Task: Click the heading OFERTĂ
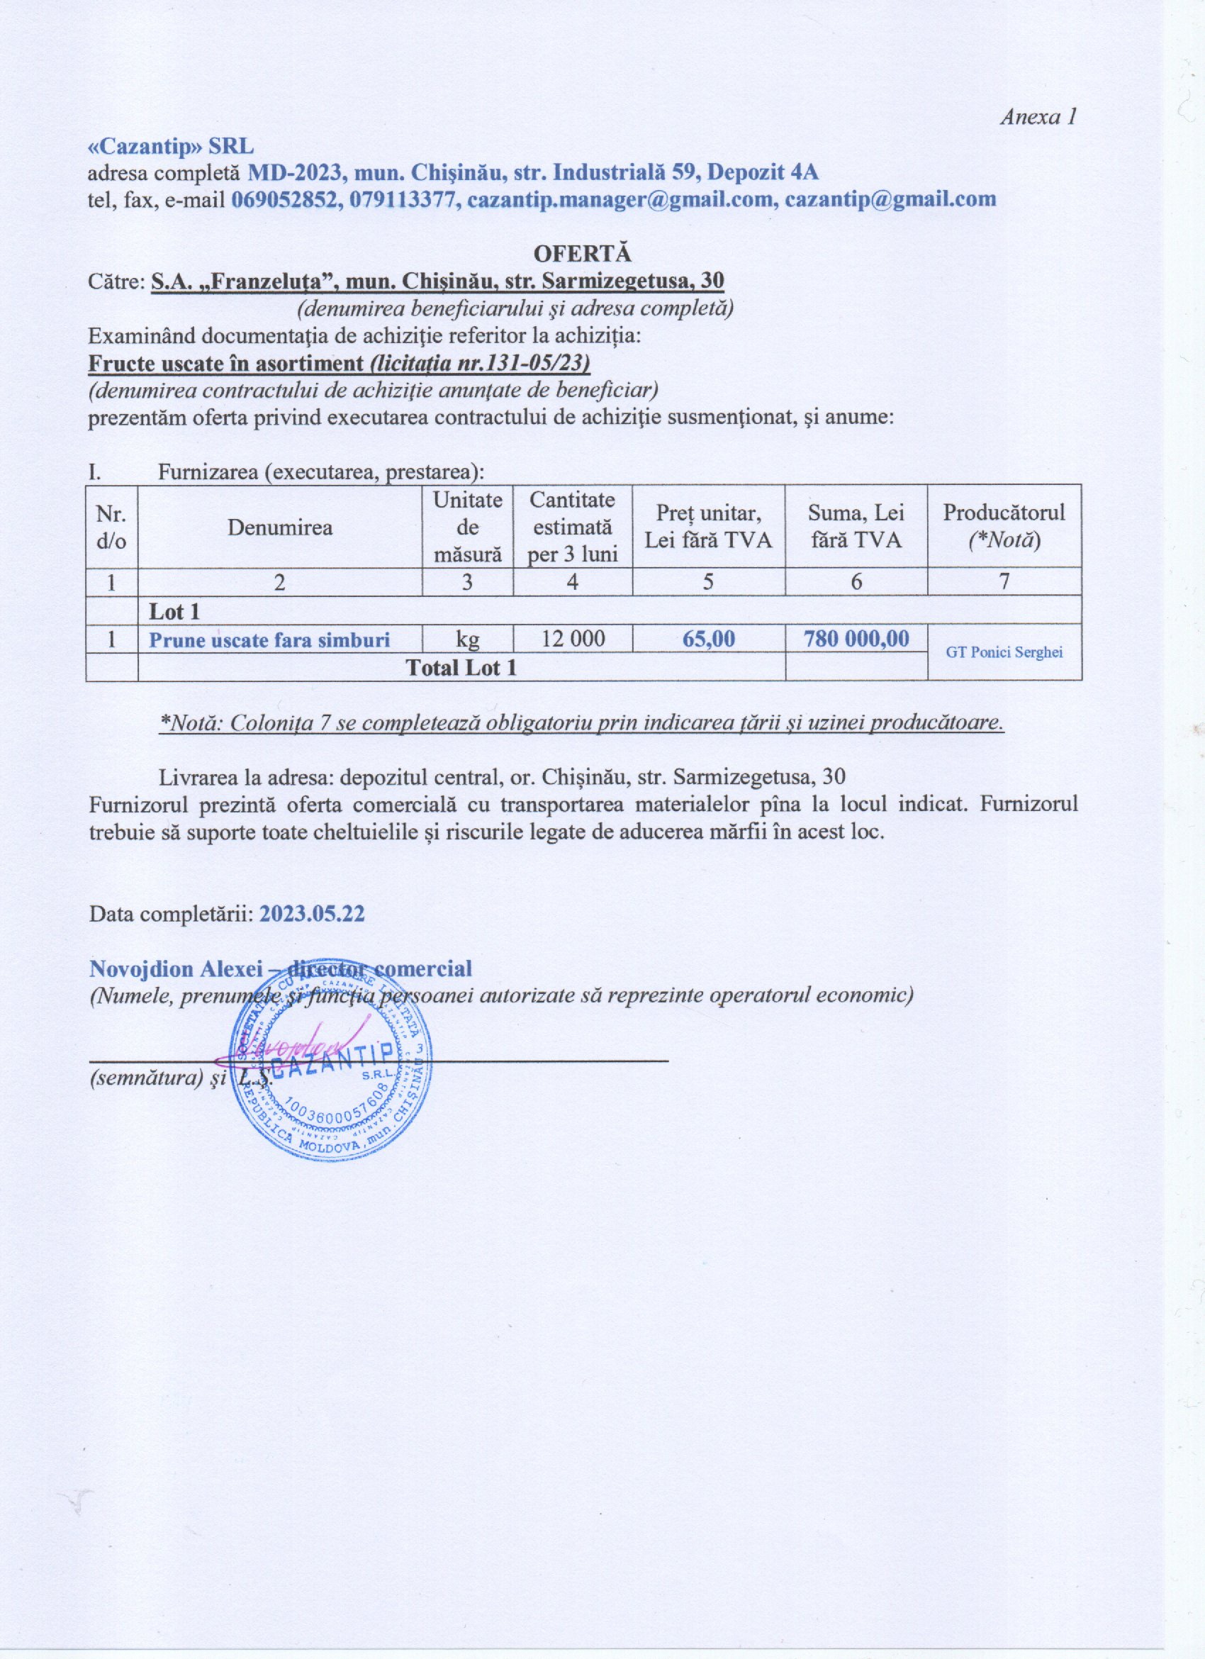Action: coord(582,253)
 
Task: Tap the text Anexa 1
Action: coord(1038,117)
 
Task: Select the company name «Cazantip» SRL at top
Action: coord(170,146)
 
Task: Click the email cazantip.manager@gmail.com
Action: coord(622,199)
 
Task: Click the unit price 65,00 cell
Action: coord(709,639)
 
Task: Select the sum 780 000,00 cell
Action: coord(856,639)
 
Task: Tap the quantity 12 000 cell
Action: coord(573,639)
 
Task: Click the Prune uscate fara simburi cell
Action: coord(269,640)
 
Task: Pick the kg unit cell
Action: coord(467,640)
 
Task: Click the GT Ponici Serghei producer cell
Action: coord(1004,652)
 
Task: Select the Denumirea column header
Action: coord(279,527)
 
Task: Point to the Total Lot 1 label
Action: coord(461,667)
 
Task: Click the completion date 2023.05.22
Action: coord(312,915)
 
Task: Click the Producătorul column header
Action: coord(1003,527)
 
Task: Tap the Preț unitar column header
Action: coord(708,527)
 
